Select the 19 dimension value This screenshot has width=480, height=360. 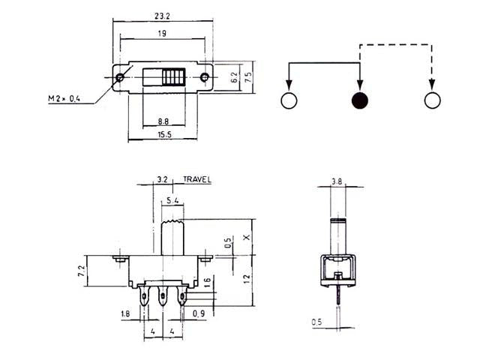pos(162,34)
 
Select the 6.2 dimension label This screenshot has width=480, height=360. pos(235,76)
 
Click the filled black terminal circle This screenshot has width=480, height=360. pos(360,101)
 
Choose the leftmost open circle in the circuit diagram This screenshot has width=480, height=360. pos(289,101)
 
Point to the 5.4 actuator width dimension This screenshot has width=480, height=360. pos(173,201)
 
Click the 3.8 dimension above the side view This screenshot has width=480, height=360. pos(337,181)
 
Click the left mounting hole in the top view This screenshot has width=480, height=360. pos(121,76)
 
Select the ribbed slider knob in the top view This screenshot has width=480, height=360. pos(171,77)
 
